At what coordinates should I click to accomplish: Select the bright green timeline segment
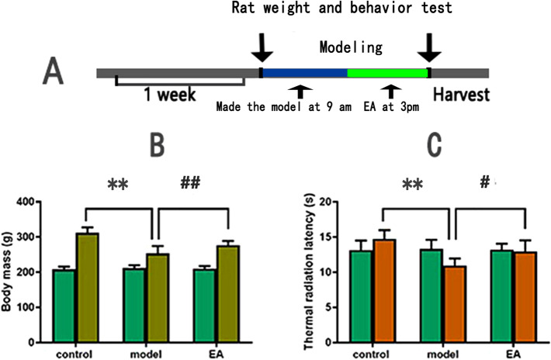point(387,73)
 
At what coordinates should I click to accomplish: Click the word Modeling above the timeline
point(350,48)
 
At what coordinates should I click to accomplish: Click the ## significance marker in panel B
point(192,183)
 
